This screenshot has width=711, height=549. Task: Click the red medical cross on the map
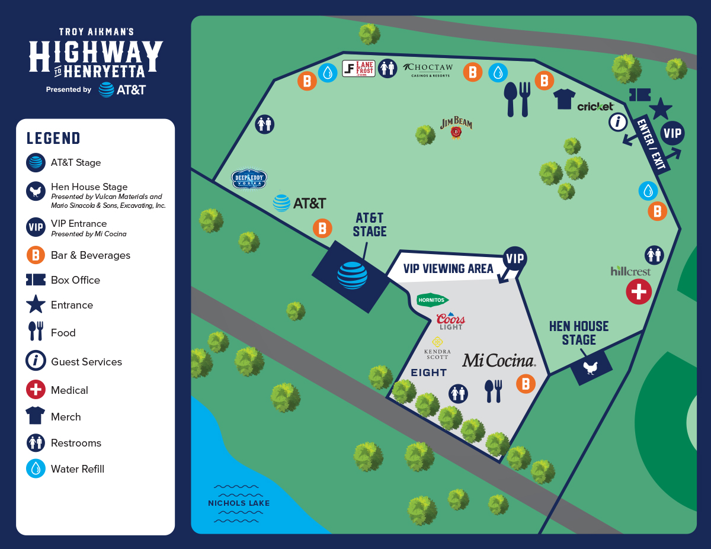(639, 291)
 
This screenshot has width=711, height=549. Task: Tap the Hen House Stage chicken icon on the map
(591, 368)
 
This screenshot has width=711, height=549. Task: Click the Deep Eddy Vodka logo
(249, 179)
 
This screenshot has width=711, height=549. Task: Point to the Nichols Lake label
(239, 503)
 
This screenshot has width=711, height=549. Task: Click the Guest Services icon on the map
(618, 122)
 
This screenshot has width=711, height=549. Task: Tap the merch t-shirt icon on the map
(565, 99)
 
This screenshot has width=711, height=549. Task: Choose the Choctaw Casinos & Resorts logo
(427, 70)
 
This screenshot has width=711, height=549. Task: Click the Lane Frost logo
(358, 69)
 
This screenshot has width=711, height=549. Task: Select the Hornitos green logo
(433, 300)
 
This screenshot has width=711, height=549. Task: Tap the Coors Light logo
(450, 321)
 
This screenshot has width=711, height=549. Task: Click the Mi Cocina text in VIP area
(498, 360)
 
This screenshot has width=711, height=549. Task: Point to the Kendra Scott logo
(437, 348)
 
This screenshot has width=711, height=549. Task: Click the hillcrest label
(630, 271)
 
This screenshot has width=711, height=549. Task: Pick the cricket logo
(595, 107)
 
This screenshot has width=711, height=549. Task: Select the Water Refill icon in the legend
(36, 468)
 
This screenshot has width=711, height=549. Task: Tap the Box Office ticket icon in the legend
(36, 280)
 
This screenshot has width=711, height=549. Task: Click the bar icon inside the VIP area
(526, 383)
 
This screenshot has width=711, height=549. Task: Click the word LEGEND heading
(53, 139)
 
